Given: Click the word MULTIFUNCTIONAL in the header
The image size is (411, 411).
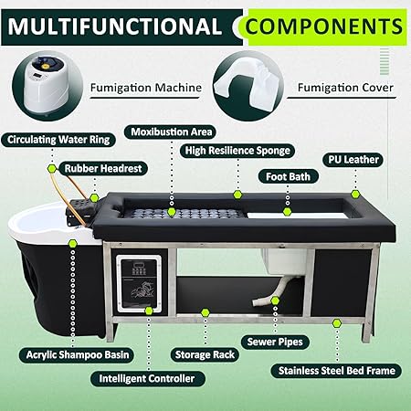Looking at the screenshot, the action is [x=115, y=26].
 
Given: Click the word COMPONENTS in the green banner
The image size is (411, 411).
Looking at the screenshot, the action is [x=324, y=26].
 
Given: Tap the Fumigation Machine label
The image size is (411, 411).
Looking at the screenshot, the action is [x=146, y=88].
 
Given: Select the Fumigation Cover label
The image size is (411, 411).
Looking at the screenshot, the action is [x=345, y=88].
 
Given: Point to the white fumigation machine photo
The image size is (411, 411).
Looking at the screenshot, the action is [x=47, y=84].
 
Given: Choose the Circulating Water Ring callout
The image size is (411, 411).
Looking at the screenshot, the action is [x=58, y=140].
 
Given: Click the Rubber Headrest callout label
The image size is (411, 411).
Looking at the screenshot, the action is [x=103, y=168].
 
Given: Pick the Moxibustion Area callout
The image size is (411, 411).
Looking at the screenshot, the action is [x=172, y=132].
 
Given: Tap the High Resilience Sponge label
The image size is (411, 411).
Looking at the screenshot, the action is [x=237, y=151].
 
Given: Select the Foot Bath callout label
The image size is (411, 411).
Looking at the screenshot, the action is [x=288, y=176].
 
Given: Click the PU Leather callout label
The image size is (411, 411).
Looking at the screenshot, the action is [x=353, y=160].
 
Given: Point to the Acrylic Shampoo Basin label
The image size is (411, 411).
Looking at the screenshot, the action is [x=78, y=354].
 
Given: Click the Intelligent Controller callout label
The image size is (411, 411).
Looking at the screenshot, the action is [x=147, y=378].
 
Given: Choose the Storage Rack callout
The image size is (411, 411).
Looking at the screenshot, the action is [x=205, y=354].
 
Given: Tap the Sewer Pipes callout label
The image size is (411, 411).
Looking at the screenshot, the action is [x=275, y=342].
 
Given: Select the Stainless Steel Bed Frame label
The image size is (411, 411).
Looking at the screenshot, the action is [x=337, y=371].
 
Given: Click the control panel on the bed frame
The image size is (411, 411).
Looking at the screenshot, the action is [x=140, y=283].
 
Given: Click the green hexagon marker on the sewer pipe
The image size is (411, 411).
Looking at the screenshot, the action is [x=275, y=300].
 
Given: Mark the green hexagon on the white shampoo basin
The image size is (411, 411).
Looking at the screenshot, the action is [x=72, y=243].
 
